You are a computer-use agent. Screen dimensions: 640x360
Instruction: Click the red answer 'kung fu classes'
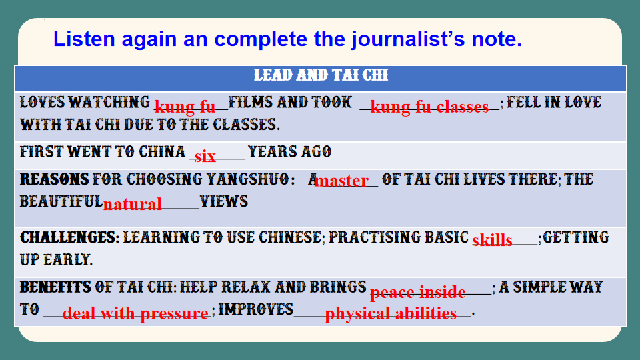coord(429,107)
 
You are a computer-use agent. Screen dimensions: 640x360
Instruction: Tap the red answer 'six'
coord(205,156)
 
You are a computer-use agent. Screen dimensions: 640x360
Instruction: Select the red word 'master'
coord(341,181)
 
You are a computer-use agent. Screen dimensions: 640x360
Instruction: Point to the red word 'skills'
coord(492,239)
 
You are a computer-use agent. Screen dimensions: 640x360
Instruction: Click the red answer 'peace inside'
coord(417,292)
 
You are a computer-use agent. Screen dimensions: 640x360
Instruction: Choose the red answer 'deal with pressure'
coord(135,313)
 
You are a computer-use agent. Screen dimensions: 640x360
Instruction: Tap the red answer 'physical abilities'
coord(391,313)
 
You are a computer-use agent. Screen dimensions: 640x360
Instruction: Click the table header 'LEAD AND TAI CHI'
coord(321,75)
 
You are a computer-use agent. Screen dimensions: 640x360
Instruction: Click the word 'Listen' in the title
coord(84,39)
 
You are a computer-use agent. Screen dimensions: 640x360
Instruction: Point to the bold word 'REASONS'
coord(54,179)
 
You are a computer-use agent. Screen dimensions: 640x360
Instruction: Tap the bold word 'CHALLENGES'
coord(69,237)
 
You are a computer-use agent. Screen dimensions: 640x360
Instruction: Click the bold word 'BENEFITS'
coord(55,287)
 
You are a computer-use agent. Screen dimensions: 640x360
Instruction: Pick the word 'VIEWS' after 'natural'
coord(224,201)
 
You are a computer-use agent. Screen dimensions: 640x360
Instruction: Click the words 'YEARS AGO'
coord(289,152)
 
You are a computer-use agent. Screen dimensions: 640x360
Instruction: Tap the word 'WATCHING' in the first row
coord(109,102)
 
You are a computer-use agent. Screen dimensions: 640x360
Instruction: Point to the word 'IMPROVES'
coord(255,309)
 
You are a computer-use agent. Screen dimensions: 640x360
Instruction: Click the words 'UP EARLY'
coord(56,260)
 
